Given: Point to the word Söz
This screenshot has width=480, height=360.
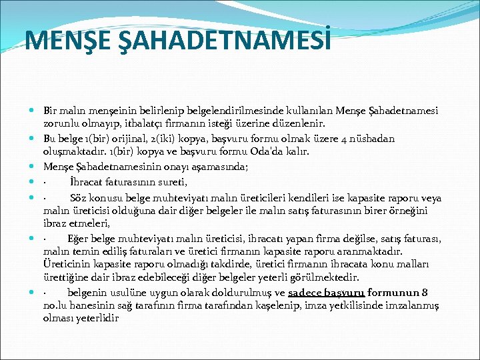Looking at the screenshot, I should click(80, 197).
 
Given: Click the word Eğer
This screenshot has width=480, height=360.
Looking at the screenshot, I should click(79, 239).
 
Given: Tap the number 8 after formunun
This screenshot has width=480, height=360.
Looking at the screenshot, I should click(425, 293).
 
